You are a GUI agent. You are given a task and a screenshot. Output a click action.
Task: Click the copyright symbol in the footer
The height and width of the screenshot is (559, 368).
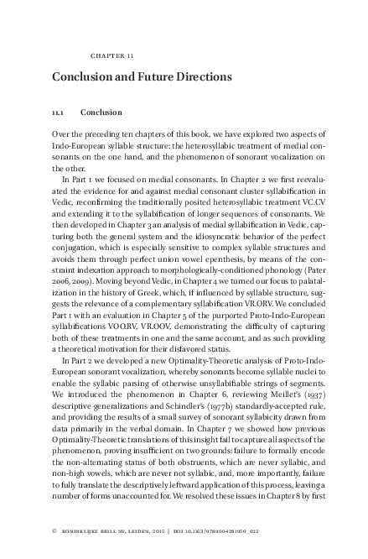(x=54, y=532)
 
